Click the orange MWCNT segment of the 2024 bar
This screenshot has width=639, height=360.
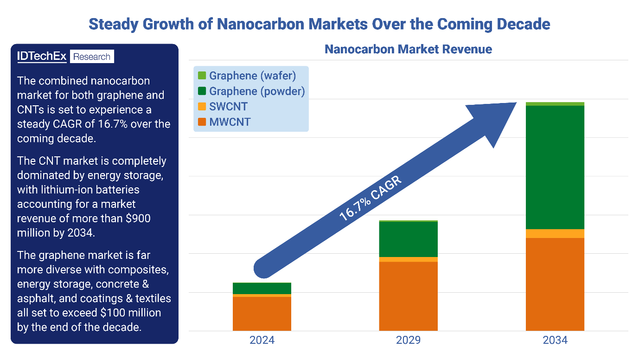(262, 314)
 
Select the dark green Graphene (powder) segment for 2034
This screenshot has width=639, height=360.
(555, 167)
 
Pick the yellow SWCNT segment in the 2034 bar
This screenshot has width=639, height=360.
(555, 233)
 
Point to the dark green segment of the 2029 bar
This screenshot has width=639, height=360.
(408, 239)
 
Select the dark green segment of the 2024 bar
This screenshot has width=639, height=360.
(262, 288)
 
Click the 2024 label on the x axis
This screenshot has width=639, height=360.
(262, 340)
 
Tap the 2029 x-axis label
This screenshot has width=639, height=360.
(408, 340)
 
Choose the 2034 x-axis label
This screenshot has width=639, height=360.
(555, 340)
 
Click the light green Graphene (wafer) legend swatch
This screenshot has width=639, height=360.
(202, 75)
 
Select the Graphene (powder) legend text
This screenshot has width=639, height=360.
(257, 91)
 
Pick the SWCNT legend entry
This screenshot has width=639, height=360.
(228, 107)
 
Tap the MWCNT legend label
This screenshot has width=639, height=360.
(230, 122)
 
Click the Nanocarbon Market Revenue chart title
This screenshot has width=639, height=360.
(408, 49)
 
